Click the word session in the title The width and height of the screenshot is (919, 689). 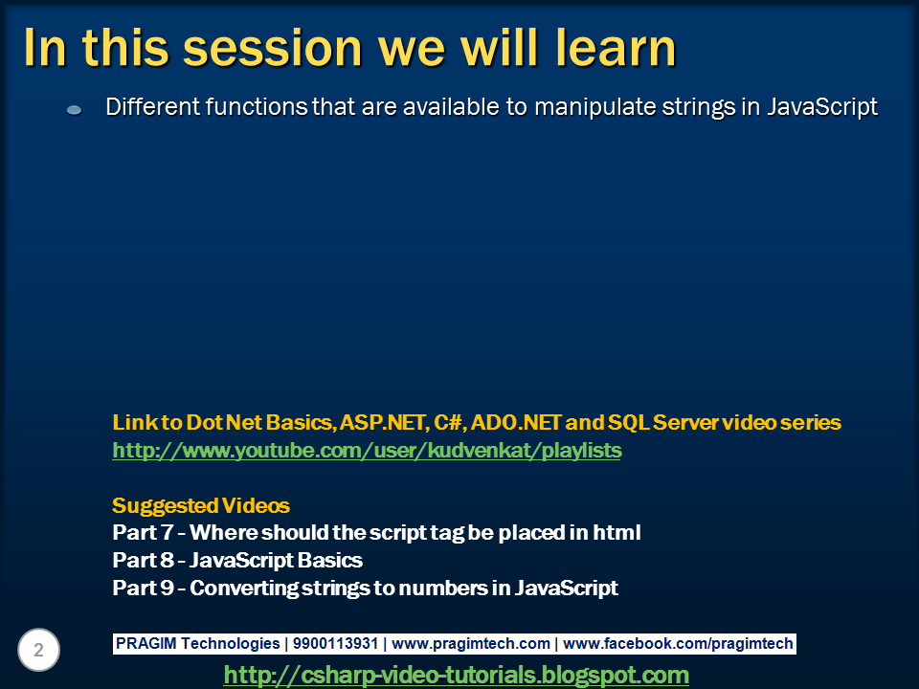click(273, 48)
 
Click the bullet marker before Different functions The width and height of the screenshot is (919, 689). click(74, 109)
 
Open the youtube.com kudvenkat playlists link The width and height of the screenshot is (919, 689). click(367, 450)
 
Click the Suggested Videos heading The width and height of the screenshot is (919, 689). click(201, 505)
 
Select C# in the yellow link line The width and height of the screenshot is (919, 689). click(447, 422)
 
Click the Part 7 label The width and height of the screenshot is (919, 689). click(143, 533)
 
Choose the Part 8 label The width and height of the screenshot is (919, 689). click(143, 560)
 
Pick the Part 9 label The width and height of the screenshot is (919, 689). click(143, 588)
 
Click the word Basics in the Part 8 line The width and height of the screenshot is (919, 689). click(330, 560)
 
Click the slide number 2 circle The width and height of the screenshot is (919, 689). click(38, 650)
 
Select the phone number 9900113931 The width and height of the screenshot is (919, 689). click(335, 643)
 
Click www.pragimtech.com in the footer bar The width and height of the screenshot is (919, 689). click(471, 644)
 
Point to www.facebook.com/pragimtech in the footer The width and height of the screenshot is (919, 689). click(678, 644)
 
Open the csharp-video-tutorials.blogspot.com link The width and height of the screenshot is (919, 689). click(457, 675)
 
